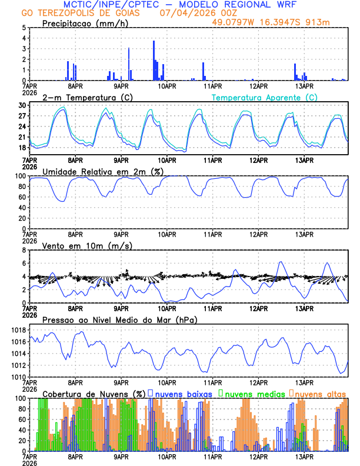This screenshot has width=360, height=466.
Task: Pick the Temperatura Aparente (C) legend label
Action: pyautogui.click(x=265, y=97)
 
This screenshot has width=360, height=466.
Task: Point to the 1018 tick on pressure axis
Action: pyautogui.click(x=18, y=330)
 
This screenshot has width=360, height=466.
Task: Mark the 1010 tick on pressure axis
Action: pyautogui.click(x=18, y=377)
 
